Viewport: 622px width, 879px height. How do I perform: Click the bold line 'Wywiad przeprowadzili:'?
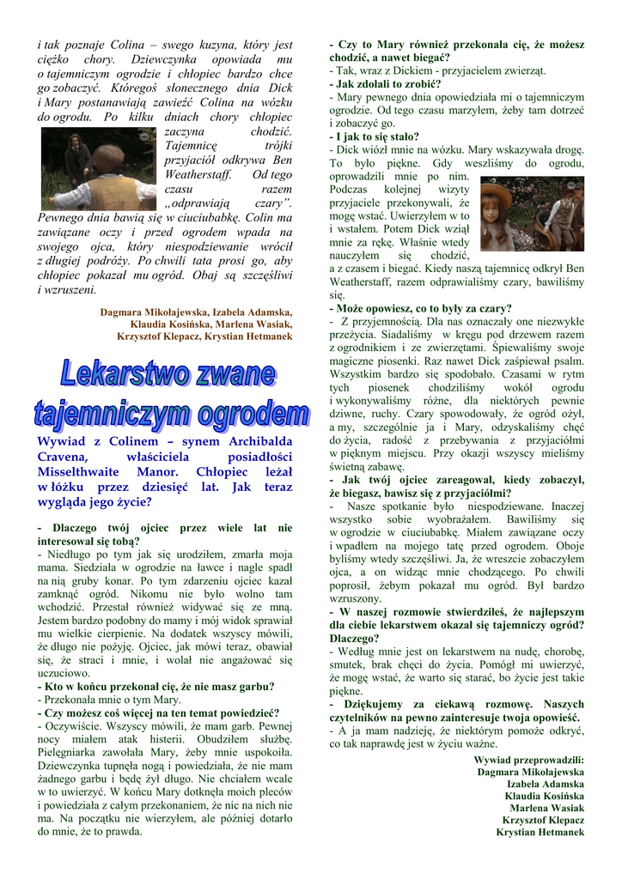tap(528, 760)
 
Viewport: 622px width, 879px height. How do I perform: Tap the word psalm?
tap(567, 362)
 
